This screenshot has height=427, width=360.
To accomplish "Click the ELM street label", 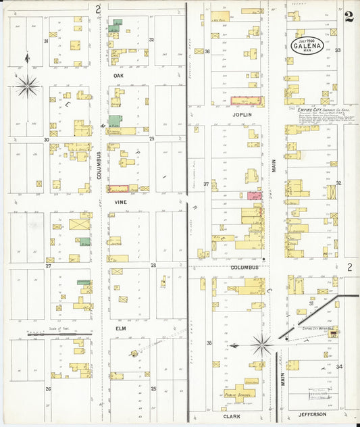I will [121, 329].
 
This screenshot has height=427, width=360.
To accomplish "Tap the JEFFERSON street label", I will [312, 413].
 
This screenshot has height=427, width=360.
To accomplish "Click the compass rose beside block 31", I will [28, 86].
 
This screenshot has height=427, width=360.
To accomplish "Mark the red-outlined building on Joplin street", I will [248, 100].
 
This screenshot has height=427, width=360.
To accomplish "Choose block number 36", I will [207, 51].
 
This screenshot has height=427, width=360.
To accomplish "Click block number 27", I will [48, 266].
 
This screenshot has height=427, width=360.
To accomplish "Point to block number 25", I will [153, 388].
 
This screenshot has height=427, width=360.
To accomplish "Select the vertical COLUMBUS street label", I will [99, 166].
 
